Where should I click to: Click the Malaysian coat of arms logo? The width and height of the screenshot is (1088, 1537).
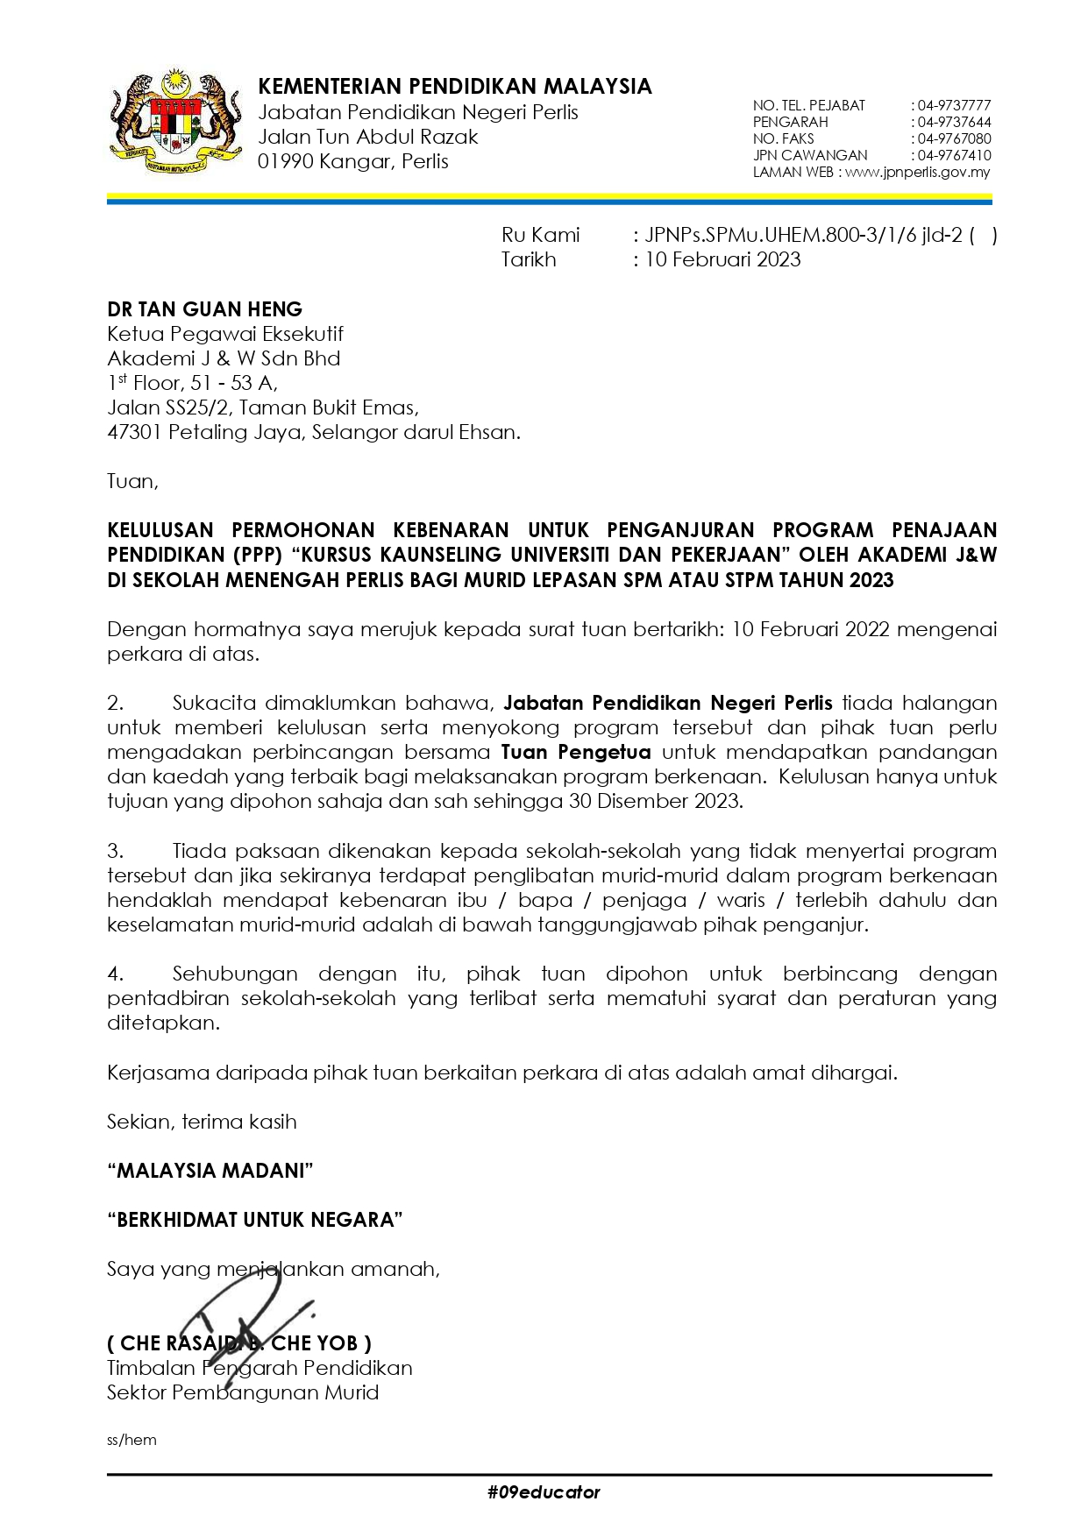pyautogui.click(x=174, y=119)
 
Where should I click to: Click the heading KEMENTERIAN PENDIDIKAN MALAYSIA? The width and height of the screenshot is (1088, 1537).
pyautogui.click(x=455, y=86)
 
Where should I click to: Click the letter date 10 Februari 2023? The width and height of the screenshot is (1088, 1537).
pyautogui.click(x=722, y=259)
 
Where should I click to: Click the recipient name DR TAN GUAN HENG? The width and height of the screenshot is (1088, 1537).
pyautogui.click(x=204, y=309)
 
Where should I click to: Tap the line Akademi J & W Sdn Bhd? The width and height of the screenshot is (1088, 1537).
pyautogui.click(x=224, y=358)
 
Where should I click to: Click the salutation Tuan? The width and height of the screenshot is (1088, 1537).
pyautogui.click(x=132, y=481)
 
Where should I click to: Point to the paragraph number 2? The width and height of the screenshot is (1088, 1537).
pyautogui.click(x=116, y=703)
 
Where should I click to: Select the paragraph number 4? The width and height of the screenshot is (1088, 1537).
pyautogui.click(x=116, y=974)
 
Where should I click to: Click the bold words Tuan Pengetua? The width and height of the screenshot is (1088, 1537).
pyautogui.click(x=575, y=752)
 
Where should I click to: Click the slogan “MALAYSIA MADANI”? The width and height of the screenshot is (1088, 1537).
pyautogui.click(x=210, y=1171)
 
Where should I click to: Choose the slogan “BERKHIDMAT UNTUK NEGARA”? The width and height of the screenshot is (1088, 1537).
pyautogui.click(x=254, y=1220)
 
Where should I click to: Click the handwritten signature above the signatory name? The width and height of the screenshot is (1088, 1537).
pyautogui.click(x=241, y=1306)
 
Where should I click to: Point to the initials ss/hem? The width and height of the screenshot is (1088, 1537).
pyautogui.click(x=132, y=1441)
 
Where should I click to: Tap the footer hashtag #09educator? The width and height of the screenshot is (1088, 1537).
pyautogui.click(x=544, y=1492)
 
